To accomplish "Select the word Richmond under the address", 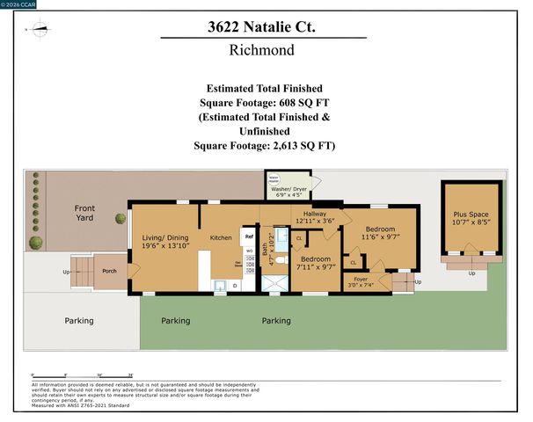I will (262, 50).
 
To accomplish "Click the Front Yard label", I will (84, 212).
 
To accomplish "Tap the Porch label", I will (109, 270).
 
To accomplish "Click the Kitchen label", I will (220, 237).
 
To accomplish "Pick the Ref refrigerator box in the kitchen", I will (249, 236).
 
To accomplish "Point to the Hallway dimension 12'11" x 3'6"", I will (316, 221).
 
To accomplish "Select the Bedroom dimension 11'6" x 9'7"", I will (381, 236).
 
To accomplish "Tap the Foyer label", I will (361, 278).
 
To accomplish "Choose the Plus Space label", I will (471, 215).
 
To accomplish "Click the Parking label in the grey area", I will (78, 321).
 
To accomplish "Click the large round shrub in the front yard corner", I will (34, 243).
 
